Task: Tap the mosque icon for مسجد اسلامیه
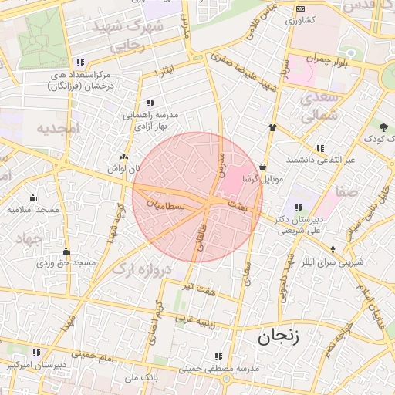pyautogui.click(x=32, y=197)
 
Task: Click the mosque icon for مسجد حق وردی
pyautogui.click(x=66, y=251)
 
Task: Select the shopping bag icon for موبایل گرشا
pyautogui.click(x=264, y=167)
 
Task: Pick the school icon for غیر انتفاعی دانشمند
pyautogui.click(x=320, y=148)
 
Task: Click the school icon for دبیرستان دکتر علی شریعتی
pyautogui.click(x=299, y=208)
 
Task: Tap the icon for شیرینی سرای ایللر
pyautogui.click(x=333, y=249)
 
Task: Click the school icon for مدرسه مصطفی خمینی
pyautogui.click(x=219, y=356)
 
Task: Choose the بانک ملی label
pyautogui.click(x=140, y=379)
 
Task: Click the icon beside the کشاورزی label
pyautogui.click(x=300, y=8)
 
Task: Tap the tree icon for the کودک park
pyautogui.click(x=382, y=127)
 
